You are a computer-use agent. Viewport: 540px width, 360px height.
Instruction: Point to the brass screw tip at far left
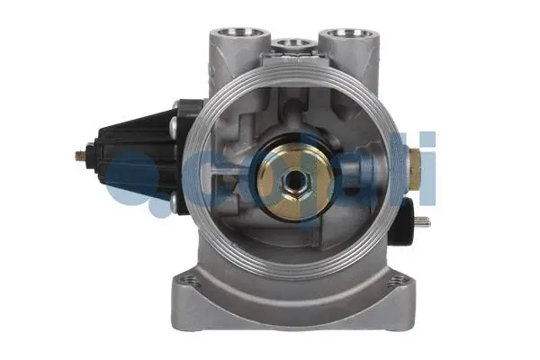(78, 154)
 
